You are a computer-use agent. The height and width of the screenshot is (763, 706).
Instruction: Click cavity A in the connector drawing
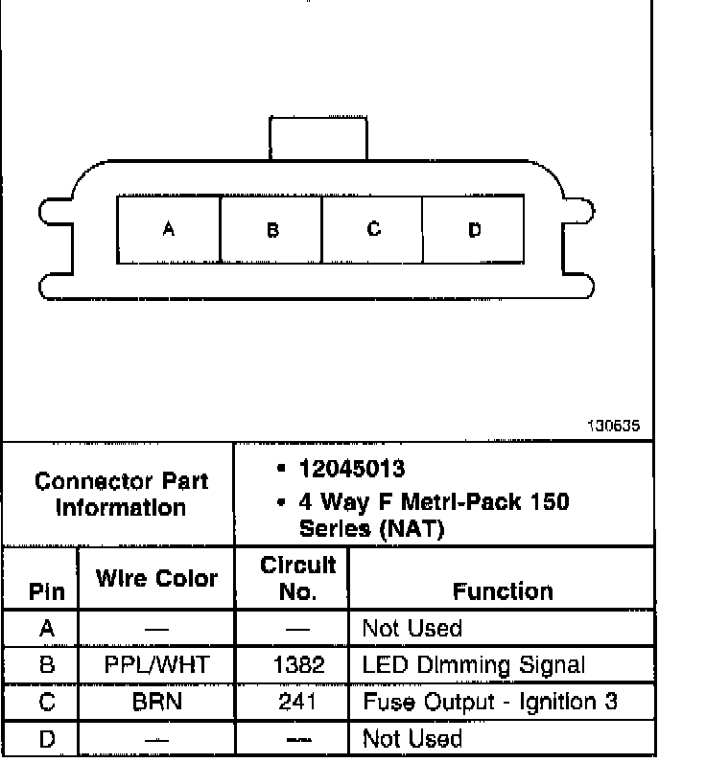(168, 229)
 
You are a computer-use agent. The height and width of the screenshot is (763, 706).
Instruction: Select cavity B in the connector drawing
(271, 229)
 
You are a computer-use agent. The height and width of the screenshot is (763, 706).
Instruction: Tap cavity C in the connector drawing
(373, 229)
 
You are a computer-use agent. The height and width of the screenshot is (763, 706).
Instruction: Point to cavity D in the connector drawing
(474, 229)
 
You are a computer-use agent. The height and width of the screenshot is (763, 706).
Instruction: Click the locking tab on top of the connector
(318, 138)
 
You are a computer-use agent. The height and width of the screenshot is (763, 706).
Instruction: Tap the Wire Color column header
(155, 579)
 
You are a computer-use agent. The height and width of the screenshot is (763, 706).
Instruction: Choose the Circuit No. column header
(297, 579)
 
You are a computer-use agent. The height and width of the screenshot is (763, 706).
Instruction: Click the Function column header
(503, 591)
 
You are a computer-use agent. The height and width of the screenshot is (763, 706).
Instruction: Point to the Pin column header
(46, 592)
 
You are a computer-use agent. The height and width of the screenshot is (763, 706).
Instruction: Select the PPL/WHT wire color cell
(155, 665)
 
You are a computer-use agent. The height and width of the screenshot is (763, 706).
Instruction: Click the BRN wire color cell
(155, 702)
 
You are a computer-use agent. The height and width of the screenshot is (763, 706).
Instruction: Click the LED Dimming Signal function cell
(473, 665)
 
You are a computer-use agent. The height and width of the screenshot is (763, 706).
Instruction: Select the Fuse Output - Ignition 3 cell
(489, 702)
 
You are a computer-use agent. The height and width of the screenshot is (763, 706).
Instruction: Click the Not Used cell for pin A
(412, 629)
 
